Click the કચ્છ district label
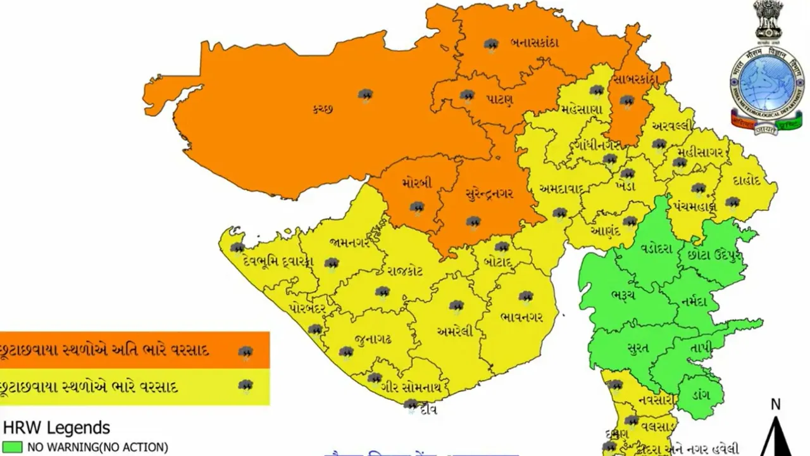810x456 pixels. [322, 108]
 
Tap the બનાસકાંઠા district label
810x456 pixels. [534, 43]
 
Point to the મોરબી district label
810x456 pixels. [416, 184]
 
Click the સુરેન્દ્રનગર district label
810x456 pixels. [488, 193]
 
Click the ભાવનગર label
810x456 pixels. [521, 316]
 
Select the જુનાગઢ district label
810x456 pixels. [373, 339]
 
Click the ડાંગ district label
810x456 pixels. [699, 395]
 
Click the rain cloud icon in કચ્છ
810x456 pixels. [365, 95]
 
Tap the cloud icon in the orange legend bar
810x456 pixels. [246, 353]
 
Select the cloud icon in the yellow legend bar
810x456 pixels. [246, 386]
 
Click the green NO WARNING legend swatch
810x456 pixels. [13, 447]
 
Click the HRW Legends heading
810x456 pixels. [57, 427]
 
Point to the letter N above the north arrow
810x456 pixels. [776, 404]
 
